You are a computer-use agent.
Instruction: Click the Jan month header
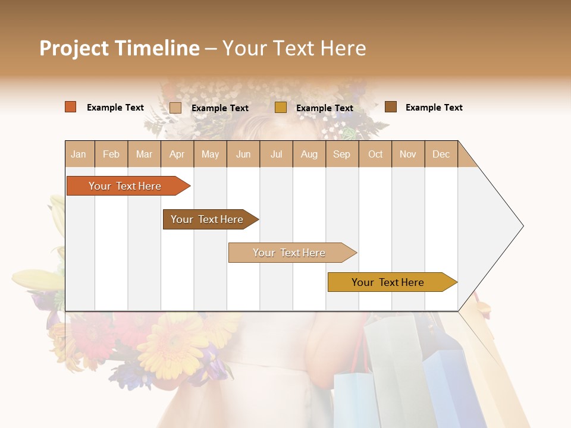click(x=79, y=154)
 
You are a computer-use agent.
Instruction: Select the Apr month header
click(x=177, y=154)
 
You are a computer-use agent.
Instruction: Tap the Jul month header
click(x=276, y=154)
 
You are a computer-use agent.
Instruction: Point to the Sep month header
click(x=341, y=154)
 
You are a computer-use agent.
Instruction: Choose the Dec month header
click(x=441, y=154)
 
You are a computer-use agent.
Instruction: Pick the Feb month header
click(x=111, y=154)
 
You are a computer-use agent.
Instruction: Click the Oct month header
click(x=375, y=154)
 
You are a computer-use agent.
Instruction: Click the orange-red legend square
click(x=71, y=107)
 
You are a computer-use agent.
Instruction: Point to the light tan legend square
click(x=175, y=108)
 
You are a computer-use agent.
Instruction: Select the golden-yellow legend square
click(x=281, y=108)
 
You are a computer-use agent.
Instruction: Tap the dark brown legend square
click(x=391, y=107)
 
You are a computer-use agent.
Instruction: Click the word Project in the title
click(x=74, y=48)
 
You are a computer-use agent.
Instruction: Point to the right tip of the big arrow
click(x=522, y=226)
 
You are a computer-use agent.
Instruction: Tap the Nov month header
click(x=408, y=154)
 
